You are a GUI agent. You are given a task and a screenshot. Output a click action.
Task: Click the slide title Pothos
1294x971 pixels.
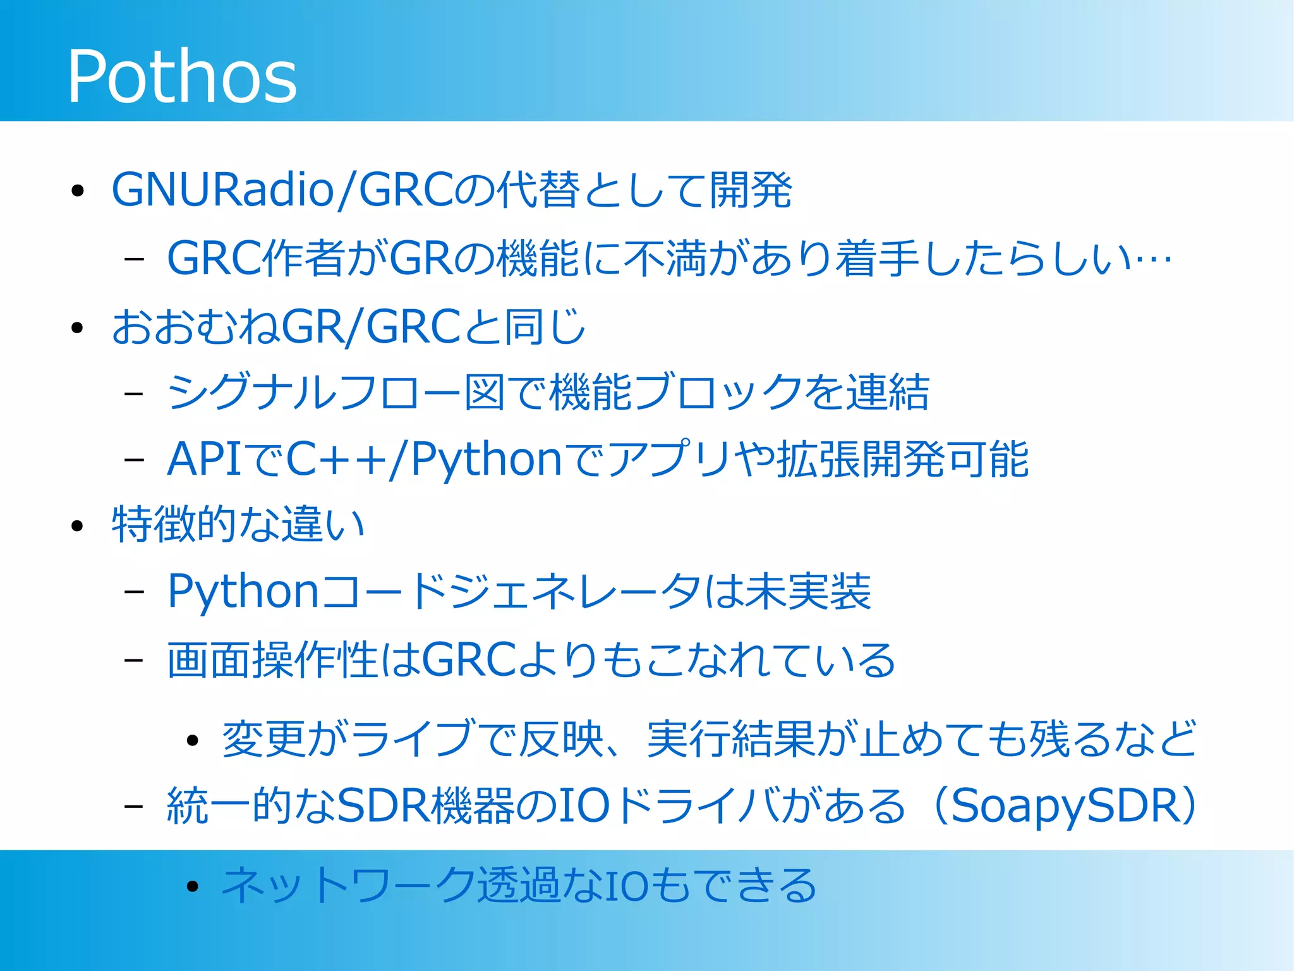(x=182, y=76)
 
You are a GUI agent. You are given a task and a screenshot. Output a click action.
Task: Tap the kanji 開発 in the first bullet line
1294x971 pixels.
(x=751, y=190)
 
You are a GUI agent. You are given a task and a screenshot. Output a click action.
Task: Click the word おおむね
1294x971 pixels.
(x=195, y=327)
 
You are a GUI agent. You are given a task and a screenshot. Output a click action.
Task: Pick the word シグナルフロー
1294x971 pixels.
(x=315, y=393)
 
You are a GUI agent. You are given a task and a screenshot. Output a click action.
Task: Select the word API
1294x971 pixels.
(x=203, y=460)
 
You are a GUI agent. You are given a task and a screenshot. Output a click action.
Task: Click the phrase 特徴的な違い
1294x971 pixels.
(x=238, y=524)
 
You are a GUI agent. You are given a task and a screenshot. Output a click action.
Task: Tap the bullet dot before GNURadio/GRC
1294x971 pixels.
(x=78, y=191)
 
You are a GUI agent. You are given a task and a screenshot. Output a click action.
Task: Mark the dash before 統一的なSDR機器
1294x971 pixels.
(x=134, y=807)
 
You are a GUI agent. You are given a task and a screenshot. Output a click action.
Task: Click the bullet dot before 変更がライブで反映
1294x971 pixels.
(x=193, y=740)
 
